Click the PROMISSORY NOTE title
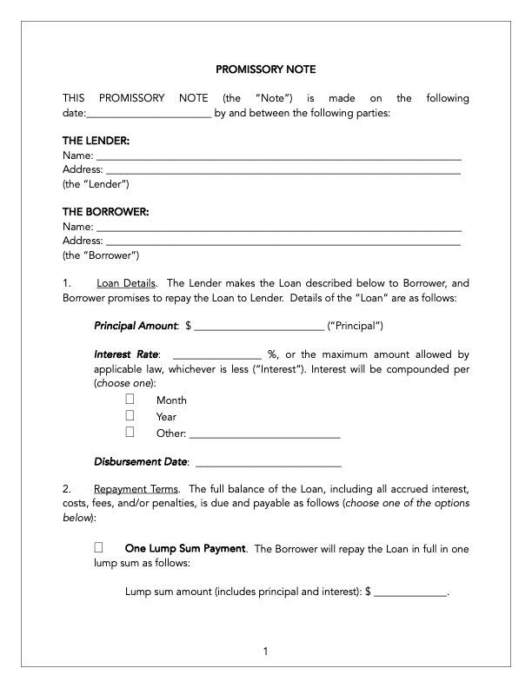(x=265, y=69)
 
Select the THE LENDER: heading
(x=96, y=140)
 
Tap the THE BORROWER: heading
(x=105, y=211)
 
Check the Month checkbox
(x=130, y=400)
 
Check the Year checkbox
(x=130, y=416)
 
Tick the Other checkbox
(x=130, y=432)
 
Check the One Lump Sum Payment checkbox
(x=98, y=548)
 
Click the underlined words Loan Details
(x=126, y=283)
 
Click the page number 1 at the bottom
(x=266, y=651)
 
